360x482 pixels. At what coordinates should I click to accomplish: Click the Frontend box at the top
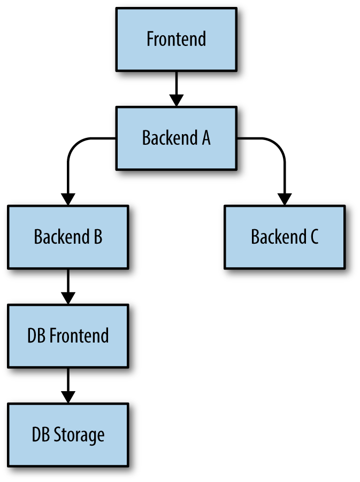click(x=176, y=39)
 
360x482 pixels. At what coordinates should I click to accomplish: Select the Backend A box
click(x=176, y=138)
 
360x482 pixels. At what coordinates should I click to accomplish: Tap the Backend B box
click(x=68, y=237)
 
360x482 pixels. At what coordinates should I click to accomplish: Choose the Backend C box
click(x=284, y=237)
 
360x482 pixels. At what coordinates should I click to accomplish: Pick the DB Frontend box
click(x=68, y=336)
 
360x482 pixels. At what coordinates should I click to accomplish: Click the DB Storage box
click(x=68, y=434)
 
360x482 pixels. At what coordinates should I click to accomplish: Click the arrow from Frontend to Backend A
click(x=176, y=85)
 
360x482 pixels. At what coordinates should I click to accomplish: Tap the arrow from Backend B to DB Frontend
click(x=68, y=283)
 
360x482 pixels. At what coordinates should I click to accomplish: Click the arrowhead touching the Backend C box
click(x=284, y=199)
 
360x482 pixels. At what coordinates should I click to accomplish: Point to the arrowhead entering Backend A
click(x=176, y=100)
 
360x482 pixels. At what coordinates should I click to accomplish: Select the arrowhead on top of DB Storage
click(x=68, y=397)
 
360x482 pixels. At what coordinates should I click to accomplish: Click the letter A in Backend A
click(x=205, y=138)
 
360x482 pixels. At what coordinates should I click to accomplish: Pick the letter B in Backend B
click(x=97, y=237)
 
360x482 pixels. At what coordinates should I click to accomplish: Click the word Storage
click(x=79, y=435)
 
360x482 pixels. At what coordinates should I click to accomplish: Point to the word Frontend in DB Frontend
click(x=79, y=336)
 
